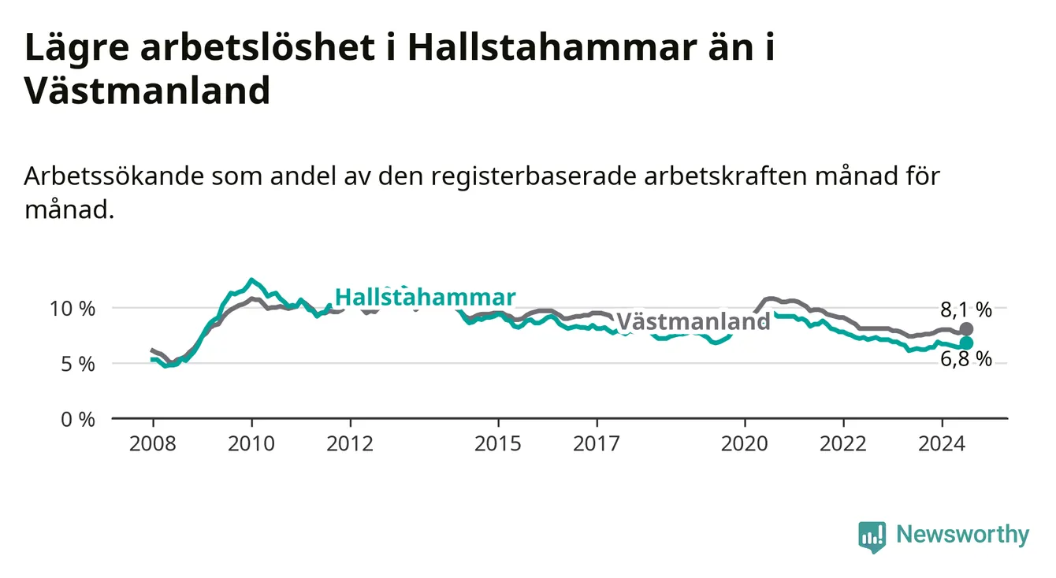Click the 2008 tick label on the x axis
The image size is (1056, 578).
[x=153, y=444]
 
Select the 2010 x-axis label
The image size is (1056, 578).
[x=251, y=444]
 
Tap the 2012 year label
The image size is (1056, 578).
[x=350, y=444]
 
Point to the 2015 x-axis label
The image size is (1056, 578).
[x=498, y=444]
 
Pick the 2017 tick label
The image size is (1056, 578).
[x=597, y=444]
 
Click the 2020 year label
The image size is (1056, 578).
[x=745, y=444]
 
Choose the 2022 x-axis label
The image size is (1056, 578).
[x=843, y=444]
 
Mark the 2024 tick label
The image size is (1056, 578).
[x=942, y=444]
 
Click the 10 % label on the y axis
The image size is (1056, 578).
[x=73, y=309]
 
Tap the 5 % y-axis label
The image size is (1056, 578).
[x=78, y=365]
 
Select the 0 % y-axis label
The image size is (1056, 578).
[x=78, y=420]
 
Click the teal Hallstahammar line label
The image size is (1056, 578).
[x=426, y=297]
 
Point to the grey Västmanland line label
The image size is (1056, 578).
[x=693, y=322]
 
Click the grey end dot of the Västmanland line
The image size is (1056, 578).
[x=966, y=329]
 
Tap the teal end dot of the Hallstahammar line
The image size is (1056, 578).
[x=966, y=343]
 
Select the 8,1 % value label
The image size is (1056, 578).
[x=966, y=310]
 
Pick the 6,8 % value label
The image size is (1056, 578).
[x=966, y=359]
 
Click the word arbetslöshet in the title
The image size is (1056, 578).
[x=258, y=47]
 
